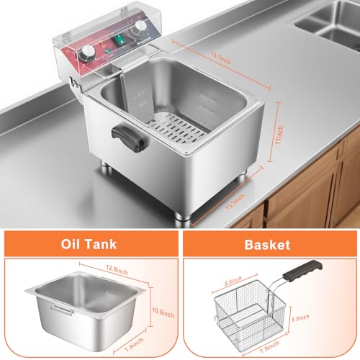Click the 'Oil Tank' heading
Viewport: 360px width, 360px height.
(89, 246)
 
